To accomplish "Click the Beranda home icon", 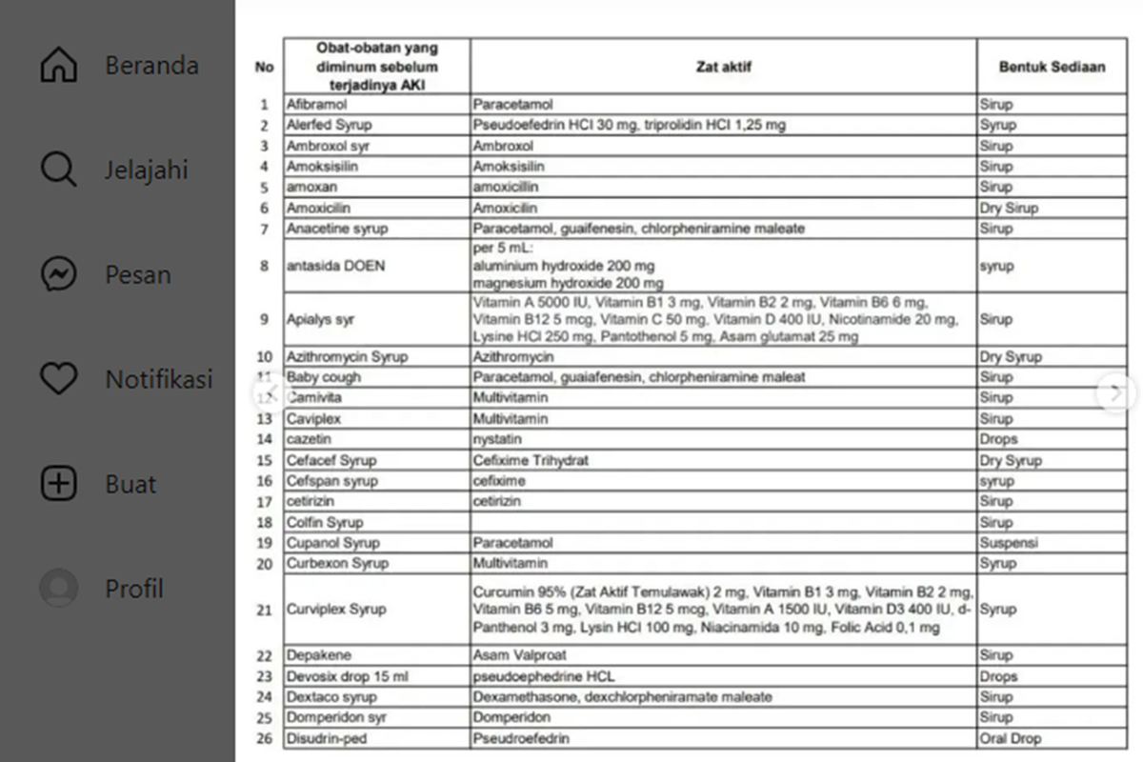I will (x=58, y=66).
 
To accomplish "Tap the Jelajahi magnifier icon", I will (x=58, y=170).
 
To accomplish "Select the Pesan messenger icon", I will (x=58, y=275).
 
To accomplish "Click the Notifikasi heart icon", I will (x=58, y=379).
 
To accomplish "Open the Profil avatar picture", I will (x=58, y=589).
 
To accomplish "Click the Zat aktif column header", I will (x=723, y=67).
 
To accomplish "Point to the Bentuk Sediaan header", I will (x=1052, y=67).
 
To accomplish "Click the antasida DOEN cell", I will (x=335, y=266).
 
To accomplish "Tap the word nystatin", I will (x=498, y=439).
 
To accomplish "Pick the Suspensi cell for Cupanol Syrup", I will (x=1009, y=543).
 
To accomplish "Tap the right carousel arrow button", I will (x=1116, y=392).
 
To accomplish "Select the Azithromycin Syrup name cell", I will (x=347, y=357).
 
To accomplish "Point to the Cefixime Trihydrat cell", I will (x=531, y=460).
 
